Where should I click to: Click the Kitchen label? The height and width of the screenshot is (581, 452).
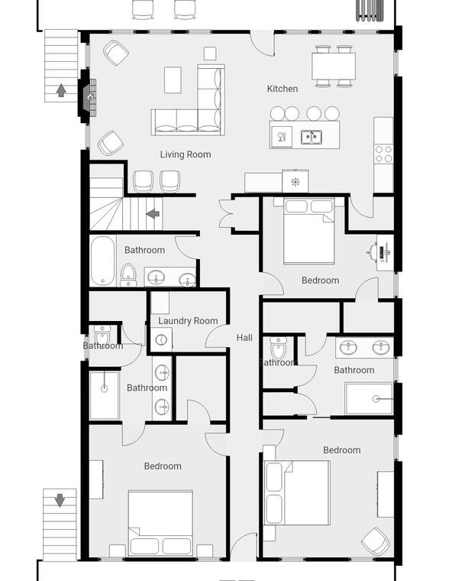click(x=282, y=89)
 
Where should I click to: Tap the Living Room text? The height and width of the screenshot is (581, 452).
click(x=186, y=154)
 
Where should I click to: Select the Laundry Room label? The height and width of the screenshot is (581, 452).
click(x=188, y=321)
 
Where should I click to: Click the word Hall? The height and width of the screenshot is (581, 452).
click(x=244, y=338)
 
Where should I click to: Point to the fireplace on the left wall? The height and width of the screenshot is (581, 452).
click(x=87, y=96)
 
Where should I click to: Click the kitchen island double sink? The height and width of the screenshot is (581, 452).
click(x=311, y=137)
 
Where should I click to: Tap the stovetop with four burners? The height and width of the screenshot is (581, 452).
click(x=383, y=154)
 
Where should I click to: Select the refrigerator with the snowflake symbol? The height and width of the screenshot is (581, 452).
click(x=295, y=181)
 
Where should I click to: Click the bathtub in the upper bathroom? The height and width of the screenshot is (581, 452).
click(x=102, y=261)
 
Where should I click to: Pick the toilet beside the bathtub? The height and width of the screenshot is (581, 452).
click(x=128, y=275)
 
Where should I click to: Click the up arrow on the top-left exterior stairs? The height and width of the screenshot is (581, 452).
click(x=61, y=90)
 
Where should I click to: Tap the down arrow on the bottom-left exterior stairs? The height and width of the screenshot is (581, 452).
click(x=60, y=500)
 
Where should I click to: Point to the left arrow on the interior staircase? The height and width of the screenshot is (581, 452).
click(x=153, y=213)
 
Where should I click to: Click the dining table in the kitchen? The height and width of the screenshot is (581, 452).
click(x=334, y=66)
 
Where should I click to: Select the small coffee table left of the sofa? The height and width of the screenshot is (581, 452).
click(x=173, y=80)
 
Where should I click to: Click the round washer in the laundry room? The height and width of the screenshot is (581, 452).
click(x=161, y=339)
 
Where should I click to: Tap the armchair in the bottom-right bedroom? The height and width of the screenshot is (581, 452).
click(x=376, y=542)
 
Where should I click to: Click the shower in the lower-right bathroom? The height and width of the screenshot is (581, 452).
click(x=369, y=399)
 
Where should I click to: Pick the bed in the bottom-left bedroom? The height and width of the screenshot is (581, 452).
click(x=160, y=523)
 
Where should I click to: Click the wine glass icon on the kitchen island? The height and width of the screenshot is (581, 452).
click(x=282, y=137)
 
